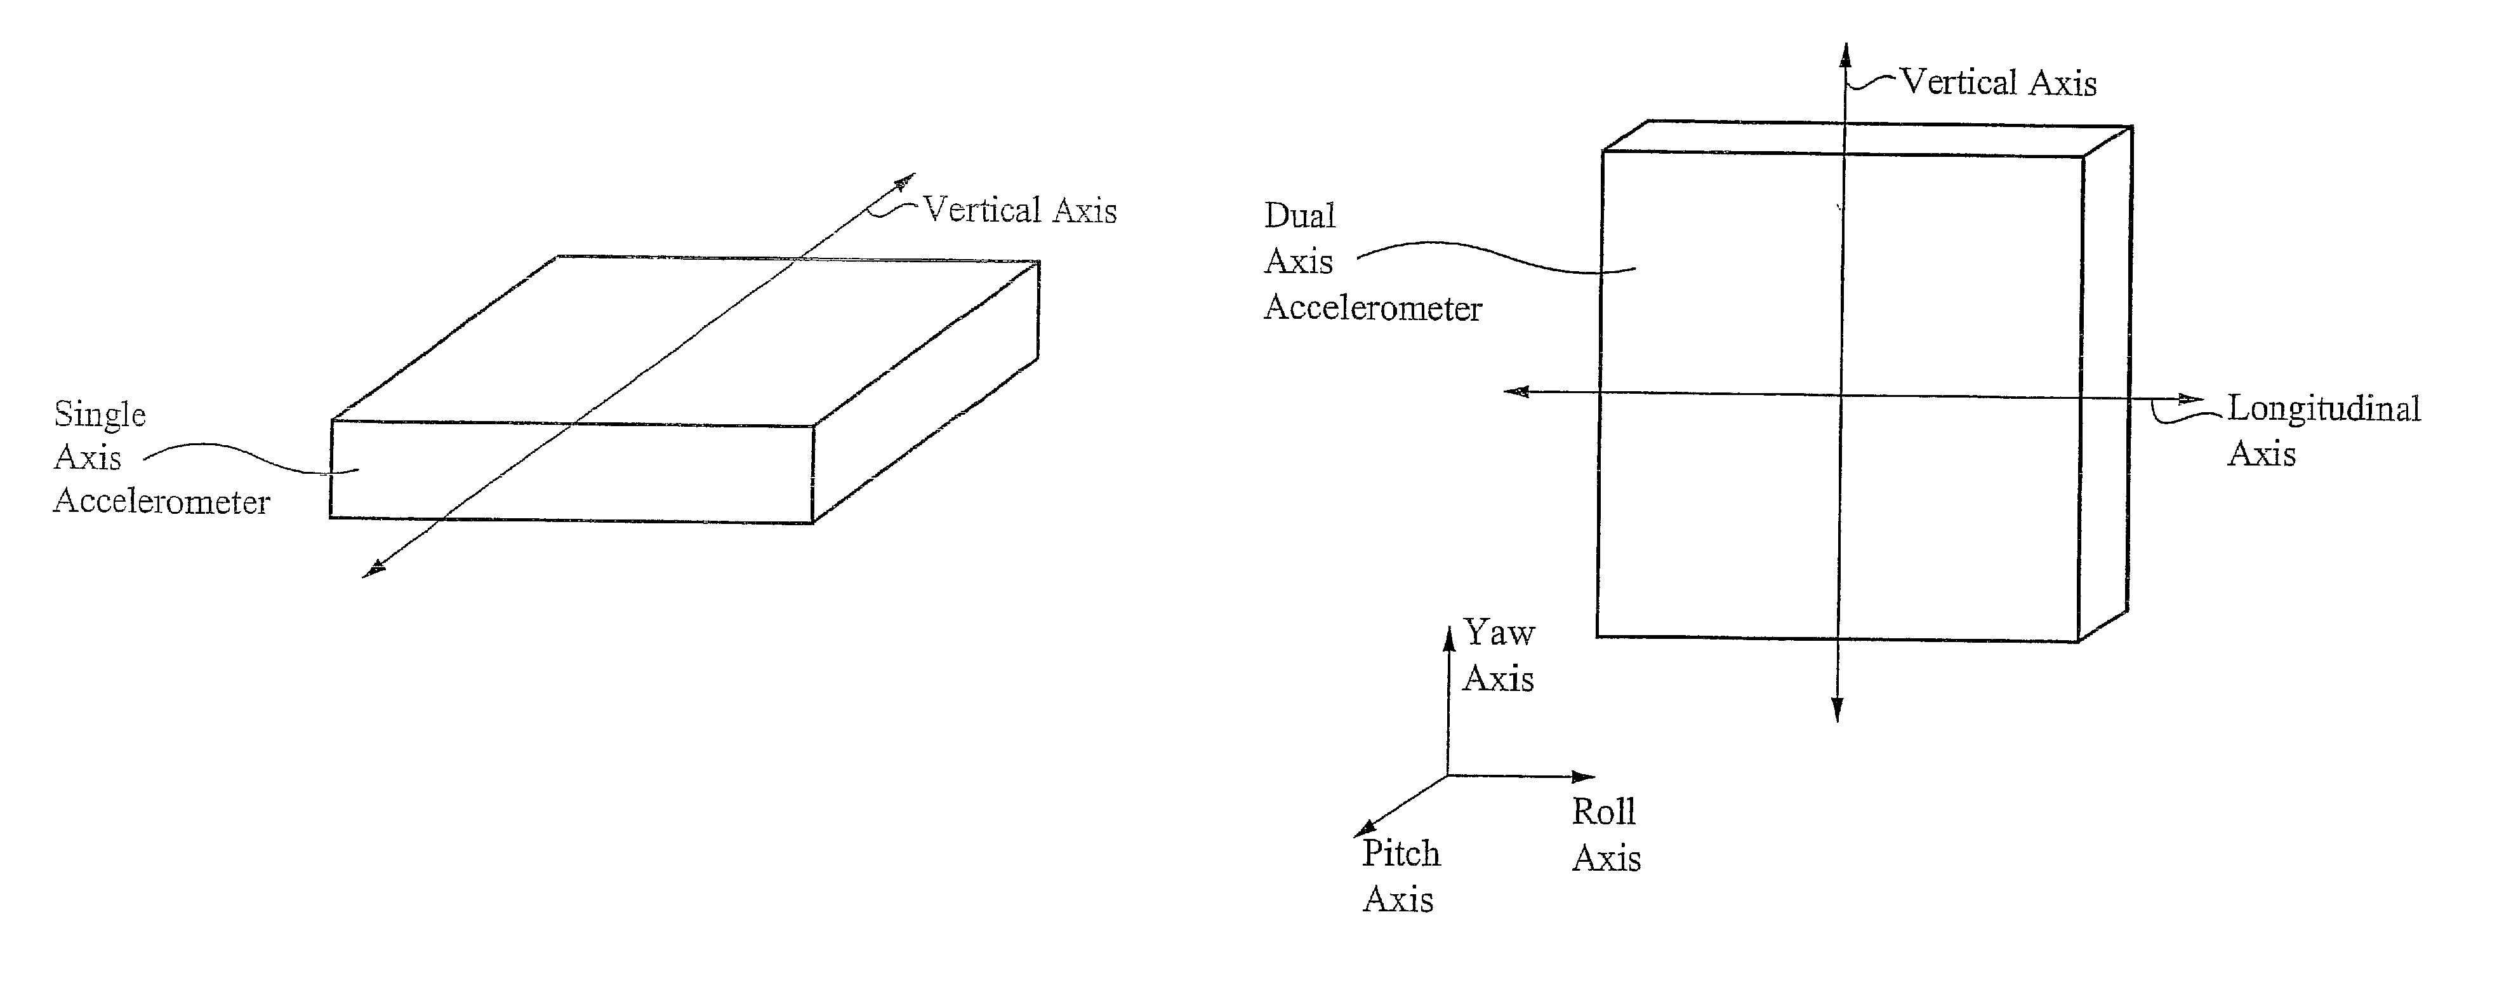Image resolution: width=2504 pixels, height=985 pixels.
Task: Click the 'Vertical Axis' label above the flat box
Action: (1019, 210)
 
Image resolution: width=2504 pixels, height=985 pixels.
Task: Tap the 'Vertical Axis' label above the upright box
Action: (1997, 83)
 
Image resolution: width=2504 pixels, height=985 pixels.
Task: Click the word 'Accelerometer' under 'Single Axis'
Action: (161, 502)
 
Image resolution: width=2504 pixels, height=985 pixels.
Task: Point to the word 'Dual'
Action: (1300, 216)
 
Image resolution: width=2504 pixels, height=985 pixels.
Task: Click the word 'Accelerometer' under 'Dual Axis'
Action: (1372, 308)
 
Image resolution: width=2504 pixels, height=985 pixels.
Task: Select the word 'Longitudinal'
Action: (2323, 408)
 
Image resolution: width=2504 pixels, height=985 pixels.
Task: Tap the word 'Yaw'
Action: (1499, 633)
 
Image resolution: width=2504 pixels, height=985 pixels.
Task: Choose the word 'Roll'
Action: (1603, 812)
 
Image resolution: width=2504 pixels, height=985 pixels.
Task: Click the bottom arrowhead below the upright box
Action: (1837, 711)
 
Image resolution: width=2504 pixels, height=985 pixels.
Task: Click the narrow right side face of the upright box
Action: (2105, 389)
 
